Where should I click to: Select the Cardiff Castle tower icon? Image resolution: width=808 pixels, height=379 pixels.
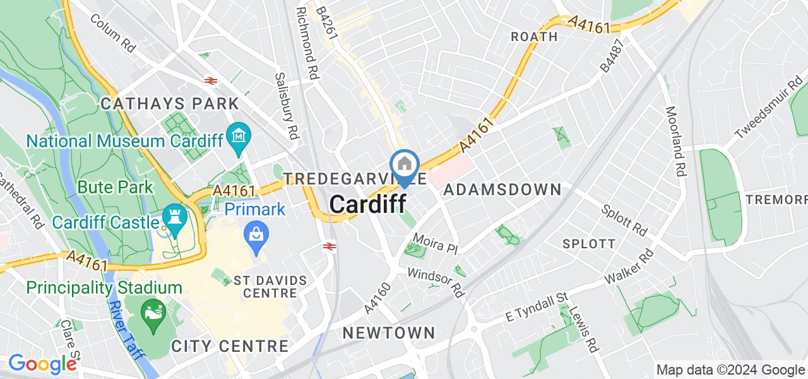coord(172,217)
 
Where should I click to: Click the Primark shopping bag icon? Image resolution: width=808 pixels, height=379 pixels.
coord(258,233)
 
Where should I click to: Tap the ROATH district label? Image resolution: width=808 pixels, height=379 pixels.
coord(534,37)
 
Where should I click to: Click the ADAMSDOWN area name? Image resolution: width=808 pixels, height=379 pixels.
coord(502,189)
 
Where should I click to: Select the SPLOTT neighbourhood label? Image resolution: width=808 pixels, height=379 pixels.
coord(588,244)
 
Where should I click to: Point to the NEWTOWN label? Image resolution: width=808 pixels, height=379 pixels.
coord(389,333)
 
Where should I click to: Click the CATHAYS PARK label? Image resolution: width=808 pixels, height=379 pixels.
coord(170,104)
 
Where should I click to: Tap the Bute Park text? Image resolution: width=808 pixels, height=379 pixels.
coord(116,187)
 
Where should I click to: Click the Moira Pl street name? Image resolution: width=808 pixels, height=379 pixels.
coord(434,244)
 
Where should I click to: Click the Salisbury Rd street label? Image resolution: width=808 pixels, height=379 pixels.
coord(287,105)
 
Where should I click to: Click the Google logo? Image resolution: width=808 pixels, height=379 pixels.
coord(42,364)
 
